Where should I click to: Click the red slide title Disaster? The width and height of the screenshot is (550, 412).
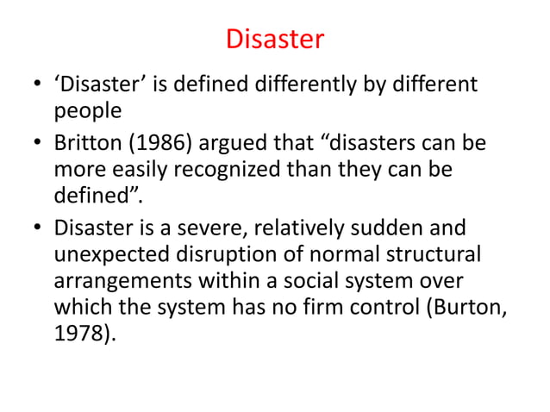click(x=274, y=39)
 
